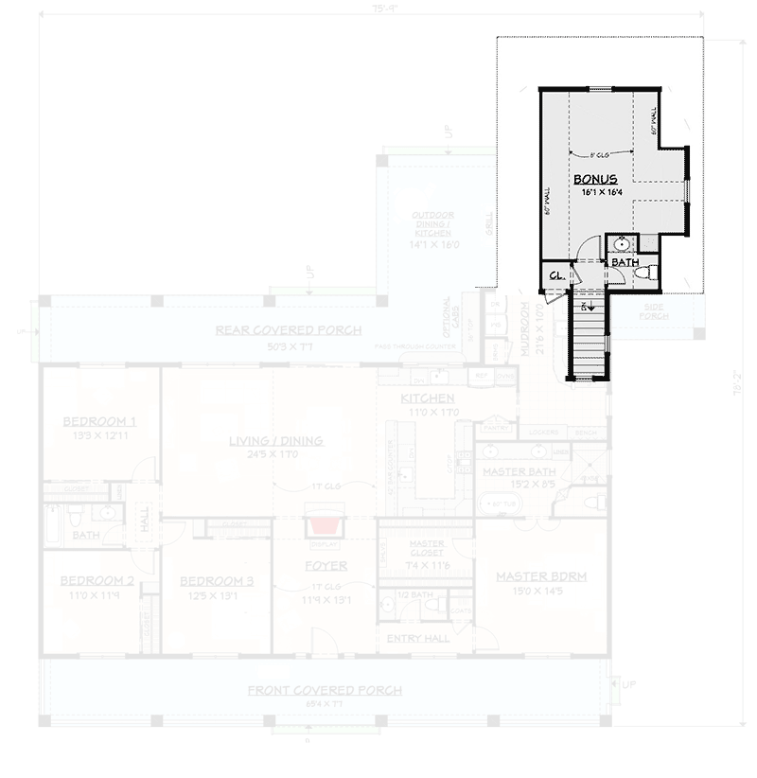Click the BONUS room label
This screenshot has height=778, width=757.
pos(595,178)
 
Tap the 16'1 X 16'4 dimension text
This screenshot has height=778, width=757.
pos(601,192)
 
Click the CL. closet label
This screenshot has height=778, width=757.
pos(556,274)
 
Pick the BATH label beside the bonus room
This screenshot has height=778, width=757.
pos(623,261)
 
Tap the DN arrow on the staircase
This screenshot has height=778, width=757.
pos(586,306)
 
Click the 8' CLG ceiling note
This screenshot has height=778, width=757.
pos(598,154)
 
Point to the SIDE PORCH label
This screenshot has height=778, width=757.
pos(652,312)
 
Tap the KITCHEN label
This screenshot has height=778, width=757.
pos(428,398)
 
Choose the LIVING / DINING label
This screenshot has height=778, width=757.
pos(275,440)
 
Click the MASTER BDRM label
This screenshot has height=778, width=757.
pos(541,575)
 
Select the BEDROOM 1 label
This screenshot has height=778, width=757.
pos(99,421)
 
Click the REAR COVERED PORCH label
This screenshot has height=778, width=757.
pos(288,329)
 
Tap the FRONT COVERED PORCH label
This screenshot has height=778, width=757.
pos(325,690)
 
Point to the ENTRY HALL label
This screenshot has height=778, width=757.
pos(418,639)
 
